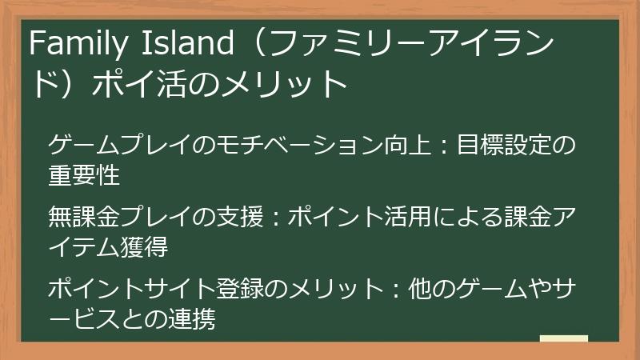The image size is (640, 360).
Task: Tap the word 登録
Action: [241, 286]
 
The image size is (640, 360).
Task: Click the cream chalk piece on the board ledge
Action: [563, 338]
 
